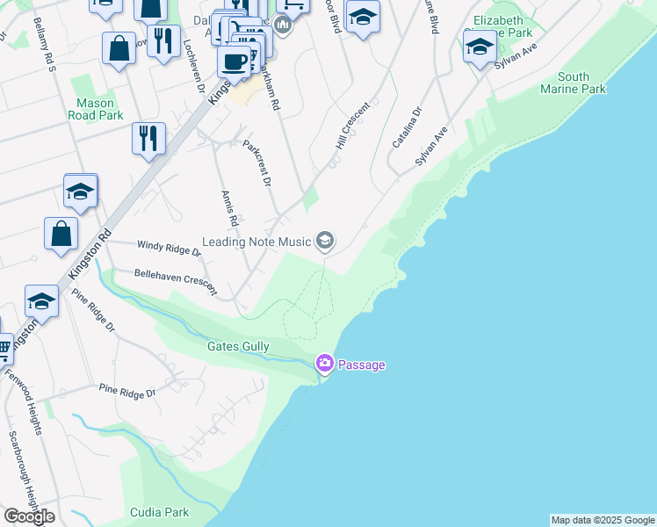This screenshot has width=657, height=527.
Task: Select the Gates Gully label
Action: tap(238, 347)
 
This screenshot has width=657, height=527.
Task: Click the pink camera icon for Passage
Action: tap(325, 363)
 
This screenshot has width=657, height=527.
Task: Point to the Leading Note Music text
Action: tap(256, 242)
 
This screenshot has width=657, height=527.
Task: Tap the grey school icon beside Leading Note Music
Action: tap(325, 241)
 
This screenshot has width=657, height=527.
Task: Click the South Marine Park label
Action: tap(574, 83)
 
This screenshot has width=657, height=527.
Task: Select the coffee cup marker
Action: tap(235, 61)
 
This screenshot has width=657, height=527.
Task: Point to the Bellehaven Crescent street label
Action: tap(176, 280)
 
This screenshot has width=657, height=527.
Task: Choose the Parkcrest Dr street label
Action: tap(257, 162)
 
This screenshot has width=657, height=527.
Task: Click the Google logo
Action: tap(29, 516)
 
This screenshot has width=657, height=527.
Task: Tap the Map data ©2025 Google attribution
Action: tap(603, 520)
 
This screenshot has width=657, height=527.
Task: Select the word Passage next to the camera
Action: tap(362, 365)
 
